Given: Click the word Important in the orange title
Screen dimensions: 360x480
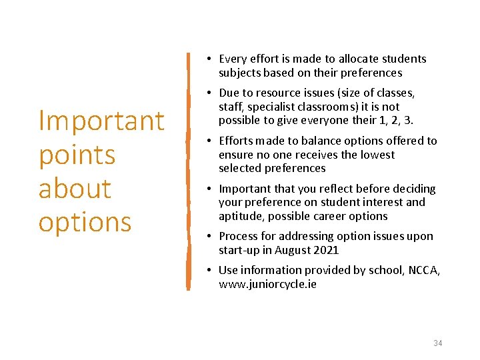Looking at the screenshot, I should pyautogui.click(x=101, y=121).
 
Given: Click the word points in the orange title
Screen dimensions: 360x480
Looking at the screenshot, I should pyautogui.click(x=77, y=155).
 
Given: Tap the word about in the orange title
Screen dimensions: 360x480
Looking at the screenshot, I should pyautogui.click(x=75, y=188).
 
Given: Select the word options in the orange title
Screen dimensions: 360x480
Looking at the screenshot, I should pyautogui.click(x=85, y=222).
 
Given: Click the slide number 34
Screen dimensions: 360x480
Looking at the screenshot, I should pyautogui.click(x=437, y=343).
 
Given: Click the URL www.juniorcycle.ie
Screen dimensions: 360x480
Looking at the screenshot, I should pyautogui.click(x=267, y=284).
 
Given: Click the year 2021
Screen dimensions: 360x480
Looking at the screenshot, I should pyautogui.click(x=327, y=250).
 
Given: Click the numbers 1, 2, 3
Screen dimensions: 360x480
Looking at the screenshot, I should pyautogui.click(x=401, y=120).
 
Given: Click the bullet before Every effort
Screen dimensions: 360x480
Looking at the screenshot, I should pyautogui.click(x=209, y=59).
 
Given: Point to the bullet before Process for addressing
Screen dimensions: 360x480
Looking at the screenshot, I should pyautogui.click(x=209, y=236).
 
